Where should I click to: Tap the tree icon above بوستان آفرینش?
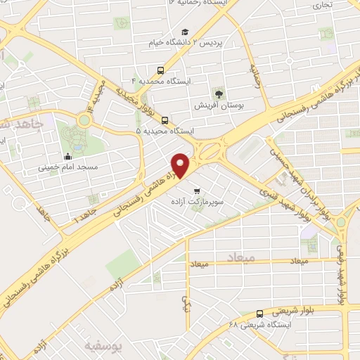pyautogui.click(x=219, y=93)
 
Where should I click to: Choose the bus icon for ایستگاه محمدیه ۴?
pyautogui.click(x=161, y=70)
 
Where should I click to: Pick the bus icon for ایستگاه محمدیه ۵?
pyautogui.click(x=165, y=120)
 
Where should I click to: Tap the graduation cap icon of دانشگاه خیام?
pyautogui.click(x=185, y=32)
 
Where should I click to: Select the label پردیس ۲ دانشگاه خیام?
pyautogui.click(x=186, y=44)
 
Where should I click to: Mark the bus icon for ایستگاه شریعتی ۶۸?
pyautogui.click(x=259, y=314)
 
